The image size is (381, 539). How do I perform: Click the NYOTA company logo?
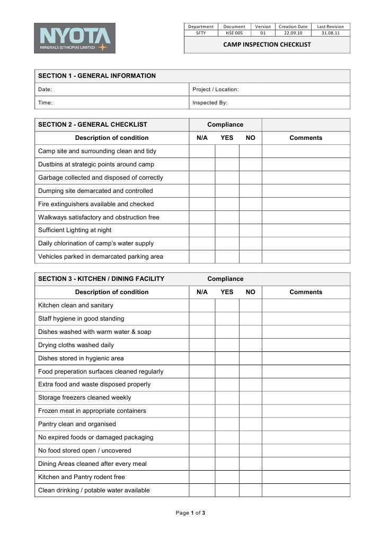pyautogui.click(x=75, y=38)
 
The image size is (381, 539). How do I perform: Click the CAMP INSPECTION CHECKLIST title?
pyautogui.click(x=267, y=45)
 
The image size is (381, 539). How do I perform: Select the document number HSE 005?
pyautogui.click(x=234, y=33)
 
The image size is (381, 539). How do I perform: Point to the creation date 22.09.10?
pyautogui.click(x=293, y=33)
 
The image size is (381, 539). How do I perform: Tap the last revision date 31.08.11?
pyautogui.click(x=331, y=33)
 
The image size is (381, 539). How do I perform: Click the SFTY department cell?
pyautogui.click(x=201, y=33)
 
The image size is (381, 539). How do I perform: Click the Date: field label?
pyautogui.click(x=45, y=90)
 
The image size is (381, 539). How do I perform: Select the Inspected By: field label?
pyautogui.click(x=210, y=103)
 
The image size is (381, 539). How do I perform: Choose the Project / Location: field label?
pyautogui.click(x=216, y=90)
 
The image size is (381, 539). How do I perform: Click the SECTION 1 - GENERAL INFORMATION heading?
pyautogui.click(x=97, y=76)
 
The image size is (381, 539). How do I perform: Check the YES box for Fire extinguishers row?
pyautogui.click(x=227, y=204)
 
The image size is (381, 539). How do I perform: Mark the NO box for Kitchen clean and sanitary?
pyautogui.click(x=251, y=305)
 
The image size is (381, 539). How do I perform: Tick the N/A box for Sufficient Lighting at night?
pyautogui.click(x=202, y=230)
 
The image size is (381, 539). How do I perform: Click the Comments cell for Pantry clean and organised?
pyautogui.click(x=306, y=424)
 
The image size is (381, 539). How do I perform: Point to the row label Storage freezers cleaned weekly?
pyautogui.click(x=85, y=397)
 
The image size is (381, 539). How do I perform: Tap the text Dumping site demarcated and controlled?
pyautogui.click(x=95, y=191)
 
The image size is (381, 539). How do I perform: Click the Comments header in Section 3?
pyautogui.click(x=306, y=292)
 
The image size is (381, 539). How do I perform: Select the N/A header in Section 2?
pyautogui.click(x=202, y=138)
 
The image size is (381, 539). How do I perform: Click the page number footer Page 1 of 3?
pyautogui.click(x=190, y=513)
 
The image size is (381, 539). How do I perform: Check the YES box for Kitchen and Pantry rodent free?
pyautogui.click(x=227, y=477)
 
